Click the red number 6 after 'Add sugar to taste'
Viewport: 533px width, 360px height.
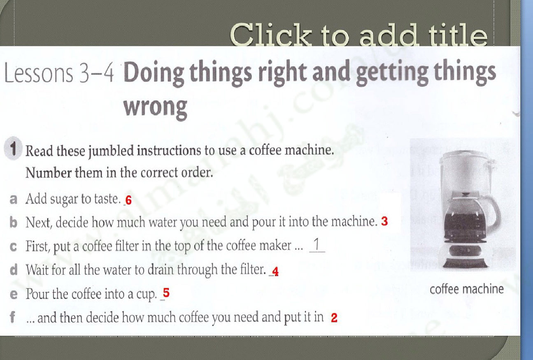(128, 200)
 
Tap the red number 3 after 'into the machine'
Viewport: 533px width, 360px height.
(384, 221)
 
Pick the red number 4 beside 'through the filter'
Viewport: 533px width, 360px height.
(275, 272)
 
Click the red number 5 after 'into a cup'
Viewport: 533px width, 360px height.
(166, 293)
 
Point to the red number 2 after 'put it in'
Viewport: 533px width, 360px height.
(334, 318)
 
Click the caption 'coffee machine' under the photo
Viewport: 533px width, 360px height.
(467, 289)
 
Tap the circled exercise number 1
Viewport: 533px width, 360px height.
(13, 149)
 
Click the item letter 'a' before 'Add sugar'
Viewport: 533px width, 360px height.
(13, 199)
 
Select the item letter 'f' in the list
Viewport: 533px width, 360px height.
(12, 317)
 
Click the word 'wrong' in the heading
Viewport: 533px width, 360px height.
(156, 107)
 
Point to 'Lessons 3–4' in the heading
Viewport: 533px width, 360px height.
(59, 73)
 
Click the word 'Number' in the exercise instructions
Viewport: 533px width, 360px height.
(49, 172)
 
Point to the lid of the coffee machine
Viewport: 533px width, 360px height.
(464, 156)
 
